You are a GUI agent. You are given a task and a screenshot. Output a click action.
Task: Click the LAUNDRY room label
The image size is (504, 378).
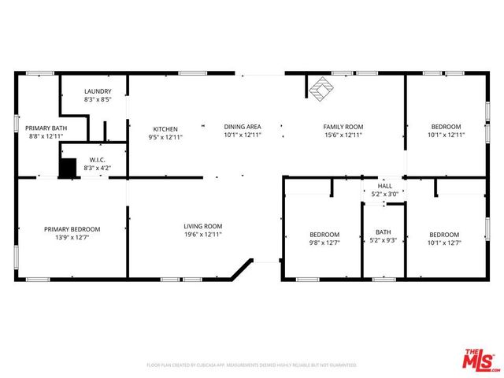click(98, 91)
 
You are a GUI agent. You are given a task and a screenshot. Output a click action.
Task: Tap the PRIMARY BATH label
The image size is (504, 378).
click(43, 128)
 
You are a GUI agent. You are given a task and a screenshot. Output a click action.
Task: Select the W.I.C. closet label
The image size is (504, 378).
click(98, 160)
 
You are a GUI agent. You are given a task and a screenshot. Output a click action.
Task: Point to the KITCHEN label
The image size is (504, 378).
click(165, 129)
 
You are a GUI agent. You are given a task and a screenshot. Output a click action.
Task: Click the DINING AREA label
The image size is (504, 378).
click(243, 127)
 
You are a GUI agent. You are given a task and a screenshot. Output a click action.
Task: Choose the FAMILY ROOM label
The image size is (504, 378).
click(343, 127)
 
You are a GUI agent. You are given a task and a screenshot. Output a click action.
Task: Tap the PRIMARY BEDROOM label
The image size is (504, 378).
click(72, 229)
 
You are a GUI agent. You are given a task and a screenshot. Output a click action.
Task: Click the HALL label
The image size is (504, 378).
click(384, 186)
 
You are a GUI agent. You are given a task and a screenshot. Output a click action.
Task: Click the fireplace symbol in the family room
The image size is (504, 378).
click(320, 89)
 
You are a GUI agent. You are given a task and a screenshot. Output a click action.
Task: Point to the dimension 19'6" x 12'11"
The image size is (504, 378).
click(203, 235)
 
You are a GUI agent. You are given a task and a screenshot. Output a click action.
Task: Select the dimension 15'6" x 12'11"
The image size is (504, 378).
click(343, 135)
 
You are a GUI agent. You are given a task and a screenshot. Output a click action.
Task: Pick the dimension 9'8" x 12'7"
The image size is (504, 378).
click(324, 243)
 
